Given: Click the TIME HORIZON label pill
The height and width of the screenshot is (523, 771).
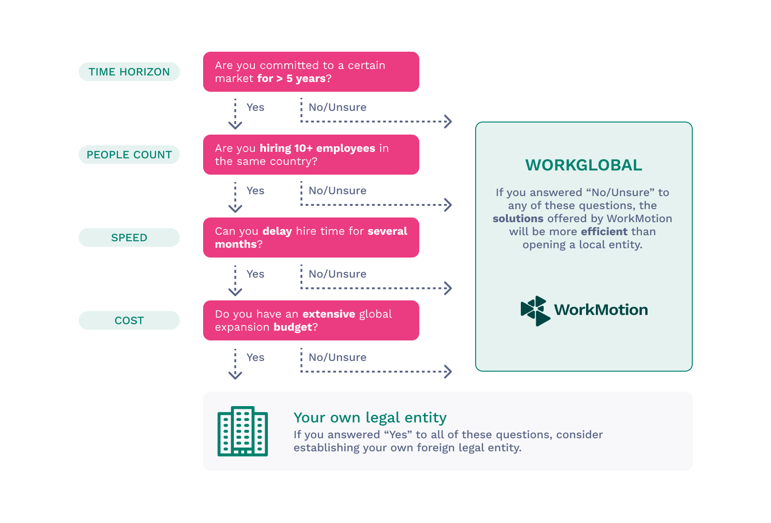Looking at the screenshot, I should point(129,72).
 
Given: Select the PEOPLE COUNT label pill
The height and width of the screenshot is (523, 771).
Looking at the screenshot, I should point(129,155).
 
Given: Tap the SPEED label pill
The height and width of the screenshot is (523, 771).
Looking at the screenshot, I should point(129,238).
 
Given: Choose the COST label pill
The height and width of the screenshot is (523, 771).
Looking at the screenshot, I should point(129,320).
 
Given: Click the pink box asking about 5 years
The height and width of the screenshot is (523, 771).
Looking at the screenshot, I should point(311,72).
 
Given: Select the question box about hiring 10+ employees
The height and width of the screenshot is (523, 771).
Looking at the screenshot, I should point(311,155).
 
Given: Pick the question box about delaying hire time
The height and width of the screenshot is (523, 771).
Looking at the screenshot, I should point(311,238).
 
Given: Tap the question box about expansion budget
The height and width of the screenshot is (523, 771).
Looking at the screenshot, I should point(311,320).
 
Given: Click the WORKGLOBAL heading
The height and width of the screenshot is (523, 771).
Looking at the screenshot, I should point(584,165).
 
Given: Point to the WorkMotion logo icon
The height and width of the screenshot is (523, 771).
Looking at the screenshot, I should point(535,311).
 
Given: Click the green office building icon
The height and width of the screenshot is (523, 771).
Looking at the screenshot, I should point(243,431).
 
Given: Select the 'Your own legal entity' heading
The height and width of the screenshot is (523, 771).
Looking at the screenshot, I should point(370,417).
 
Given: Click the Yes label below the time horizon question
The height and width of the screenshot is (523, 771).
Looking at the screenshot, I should point(255,108).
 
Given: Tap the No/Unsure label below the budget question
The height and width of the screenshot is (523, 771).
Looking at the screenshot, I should point(337,357).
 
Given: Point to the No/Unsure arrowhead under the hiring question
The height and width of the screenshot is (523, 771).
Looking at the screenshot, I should point(448,205).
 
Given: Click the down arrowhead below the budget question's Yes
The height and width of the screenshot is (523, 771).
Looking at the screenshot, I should point(235,375).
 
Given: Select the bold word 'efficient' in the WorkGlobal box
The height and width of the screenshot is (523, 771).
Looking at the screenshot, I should point(604,231).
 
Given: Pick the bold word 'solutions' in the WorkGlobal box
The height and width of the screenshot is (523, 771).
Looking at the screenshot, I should point(518,218).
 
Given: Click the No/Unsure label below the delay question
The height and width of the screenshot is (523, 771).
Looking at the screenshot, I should point(337,274).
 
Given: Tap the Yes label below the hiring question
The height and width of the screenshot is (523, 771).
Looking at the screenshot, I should point(255,190).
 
